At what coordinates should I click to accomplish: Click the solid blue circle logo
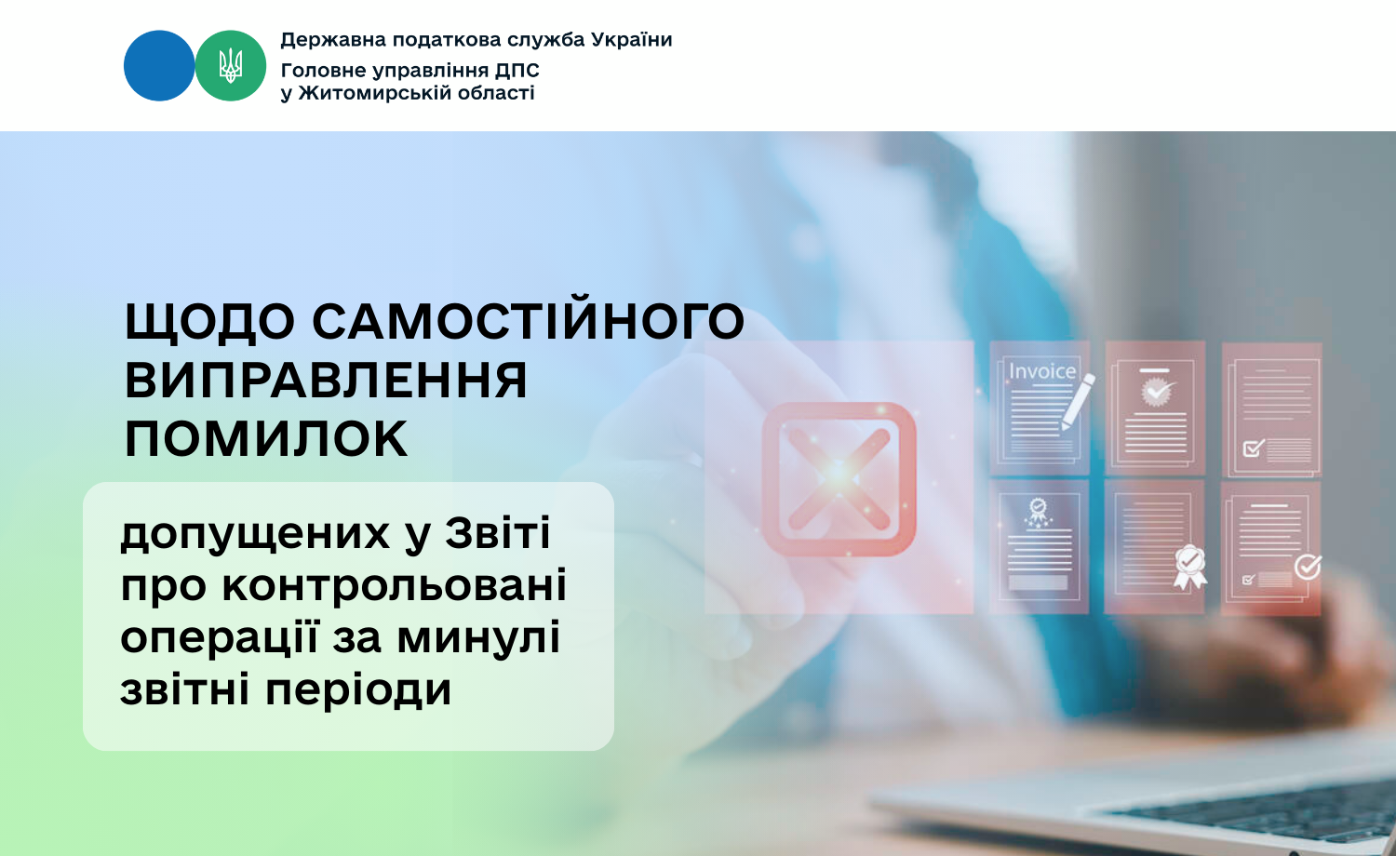click(159, 65)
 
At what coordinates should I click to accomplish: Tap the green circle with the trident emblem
click(231, 65)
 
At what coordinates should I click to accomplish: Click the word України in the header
click(631, 39)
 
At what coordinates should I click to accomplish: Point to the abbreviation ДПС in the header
click(517, 71)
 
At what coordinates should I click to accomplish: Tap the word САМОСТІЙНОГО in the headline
click(529, 321)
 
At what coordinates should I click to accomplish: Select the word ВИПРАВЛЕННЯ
click(326, 380)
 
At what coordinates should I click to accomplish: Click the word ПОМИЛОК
click(266, 438)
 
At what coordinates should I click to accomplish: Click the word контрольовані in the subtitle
click(394, 585)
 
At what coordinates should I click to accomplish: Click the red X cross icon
click(839, 478)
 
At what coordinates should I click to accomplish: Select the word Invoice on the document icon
click(1042, 372)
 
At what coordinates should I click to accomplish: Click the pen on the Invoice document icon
click(1078, 401)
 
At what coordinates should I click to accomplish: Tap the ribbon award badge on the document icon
click(1189, 567)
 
